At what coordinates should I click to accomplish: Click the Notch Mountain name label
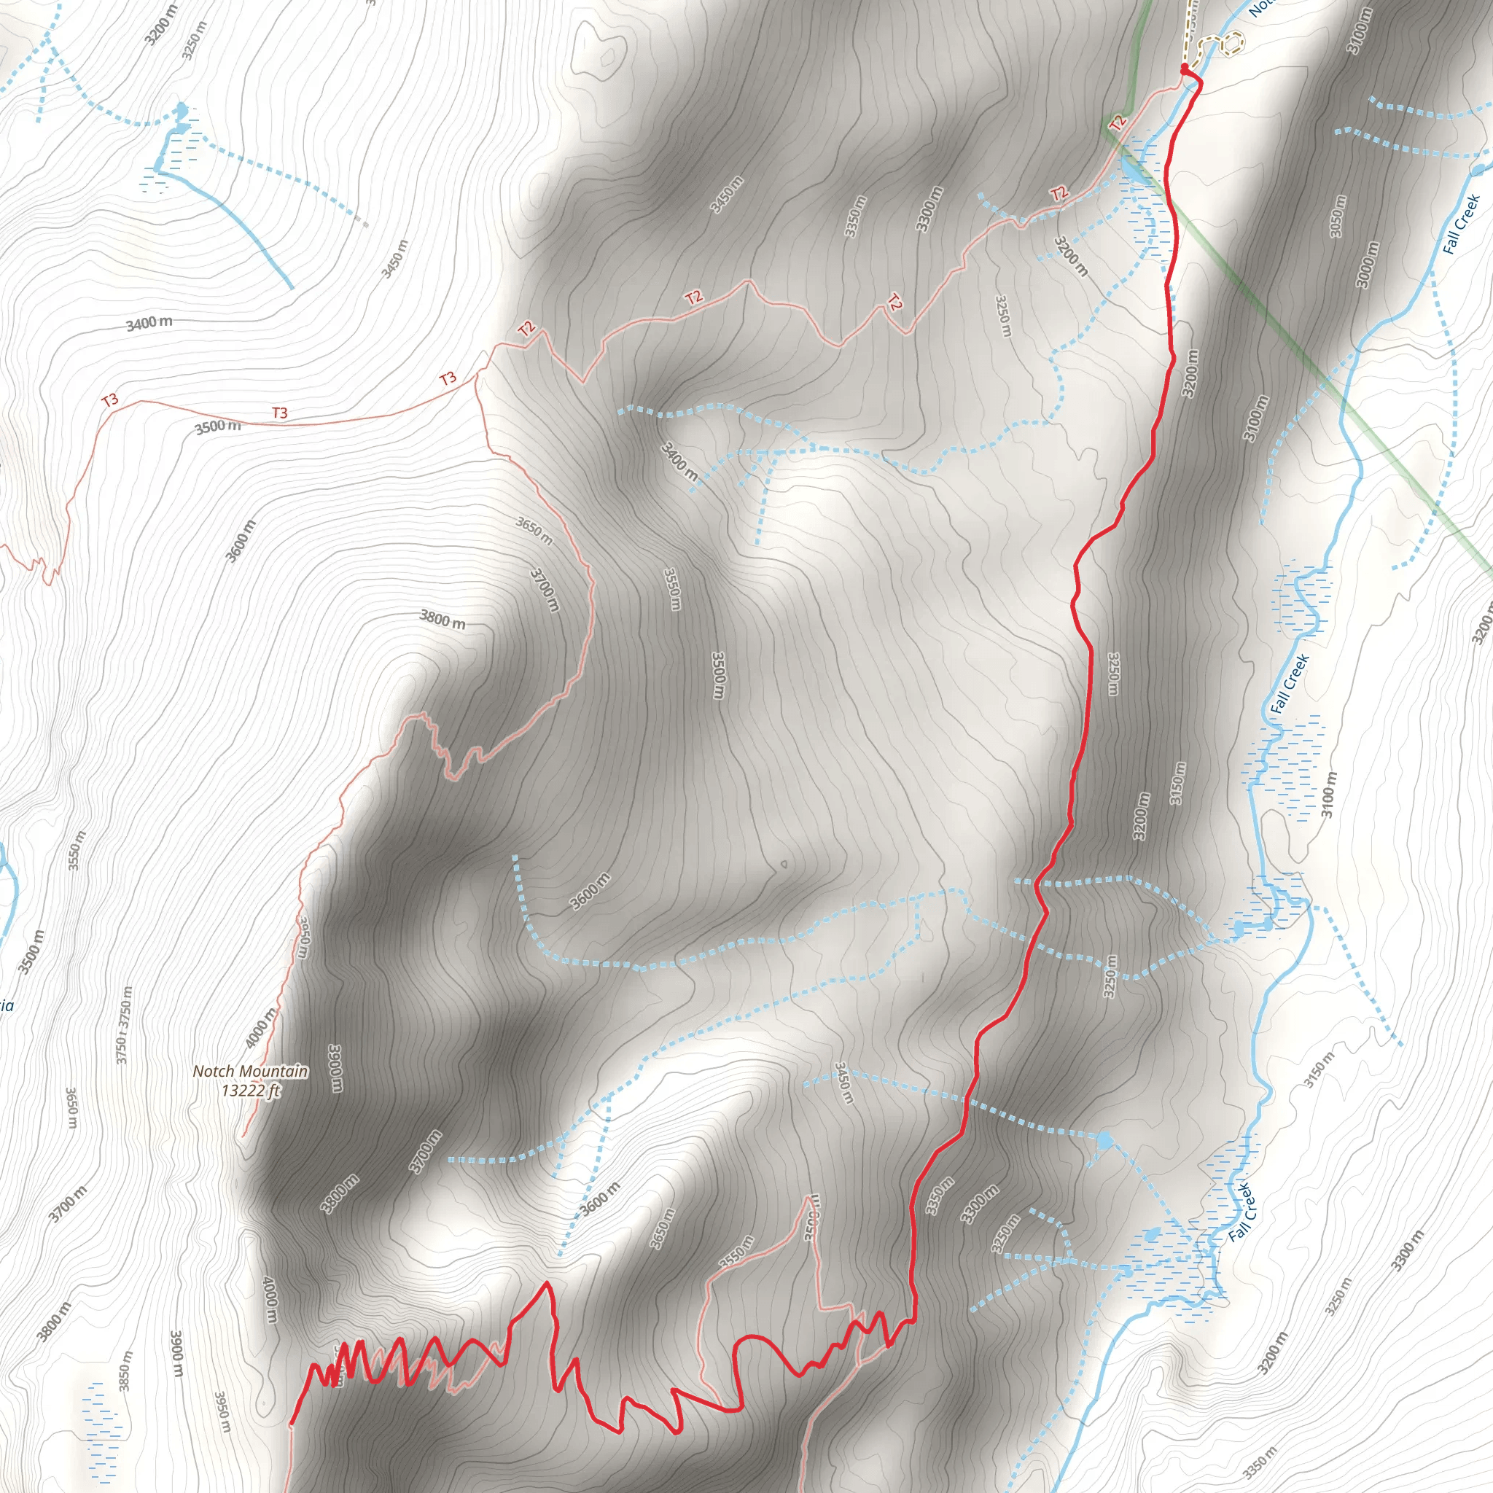pyautogui.click(x=250, y=1071)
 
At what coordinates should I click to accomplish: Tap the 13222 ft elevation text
pyautogui.click(x=250, y=1091)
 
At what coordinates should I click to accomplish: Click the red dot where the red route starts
pyautogui.click(x=1184, y=69)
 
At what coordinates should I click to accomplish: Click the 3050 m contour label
pyautogui.click(x=1338, y=217)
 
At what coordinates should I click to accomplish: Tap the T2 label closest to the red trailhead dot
pyautogui.click(x=1117, y=122)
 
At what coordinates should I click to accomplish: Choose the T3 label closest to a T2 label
pyautogui.click(x=448, y=378)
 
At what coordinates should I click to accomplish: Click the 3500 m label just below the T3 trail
pyautogui.click(x=217, y=426)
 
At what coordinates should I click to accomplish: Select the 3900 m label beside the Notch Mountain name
pyautogui.click(x=337, y=1069)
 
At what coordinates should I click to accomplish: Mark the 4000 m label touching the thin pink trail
pyautogui.click(x=260, y=1028)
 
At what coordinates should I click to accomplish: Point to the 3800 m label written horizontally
pyautogui.click(x=442, y=619)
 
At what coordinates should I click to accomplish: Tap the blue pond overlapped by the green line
pyautogui.click(x=1133, y=167)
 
